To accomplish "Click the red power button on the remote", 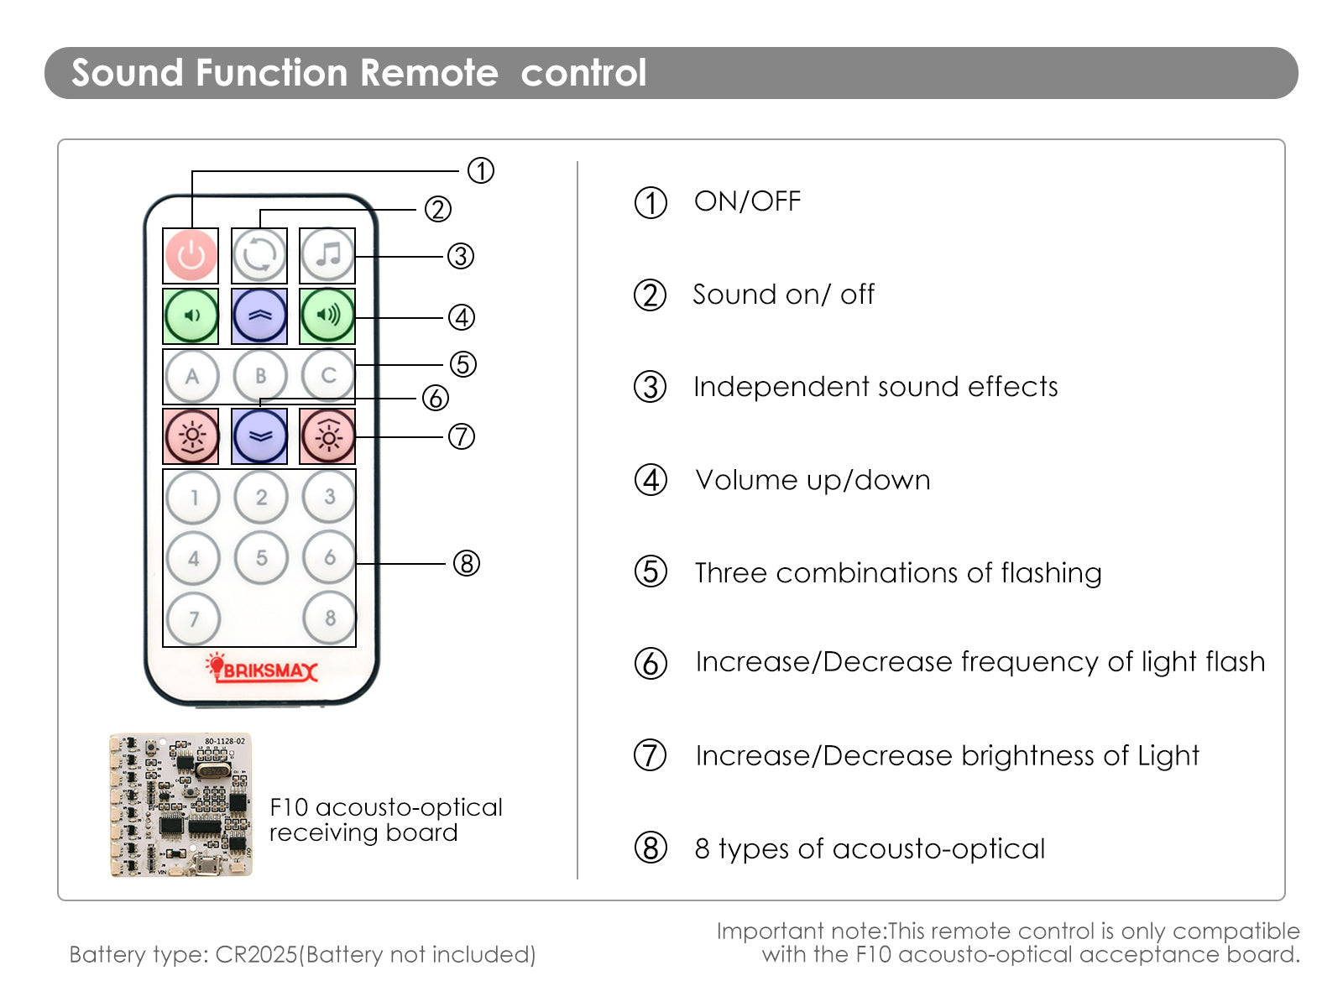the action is (191, 256).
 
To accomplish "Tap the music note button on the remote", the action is (327, 255).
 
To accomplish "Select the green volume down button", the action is (191, 316).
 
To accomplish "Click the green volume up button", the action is (327, 316).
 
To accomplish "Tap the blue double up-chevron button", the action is (259, 316).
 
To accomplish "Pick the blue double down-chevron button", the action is (259, 436).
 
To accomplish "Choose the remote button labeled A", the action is (192, 376).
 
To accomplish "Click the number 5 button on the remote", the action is (261, 557).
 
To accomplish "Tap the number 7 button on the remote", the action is (193, 618).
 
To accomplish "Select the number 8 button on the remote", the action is (329, 618).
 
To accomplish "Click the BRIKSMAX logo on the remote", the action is (262, 668).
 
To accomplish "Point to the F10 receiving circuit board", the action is (181, 806).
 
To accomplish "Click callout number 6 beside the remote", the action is (436, 398).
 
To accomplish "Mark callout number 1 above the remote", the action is (481, 170).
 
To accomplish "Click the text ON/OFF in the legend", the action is (747, 201).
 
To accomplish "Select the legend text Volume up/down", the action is (813, 480).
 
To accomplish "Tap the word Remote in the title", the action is (429, 72).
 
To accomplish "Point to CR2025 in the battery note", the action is (256, 954).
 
